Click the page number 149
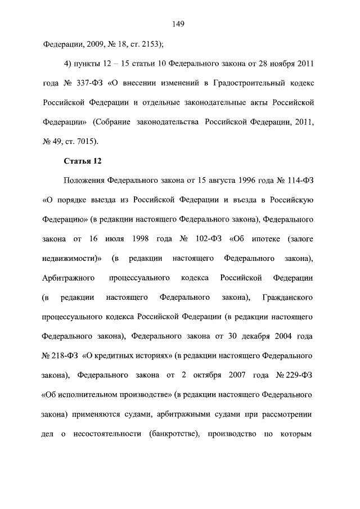(x=180, y=24)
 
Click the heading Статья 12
(x=83, y=161)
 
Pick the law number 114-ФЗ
(x=299, y=181)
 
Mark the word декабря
(x=247, y=336)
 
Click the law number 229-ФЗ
(x=295, y=375)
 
